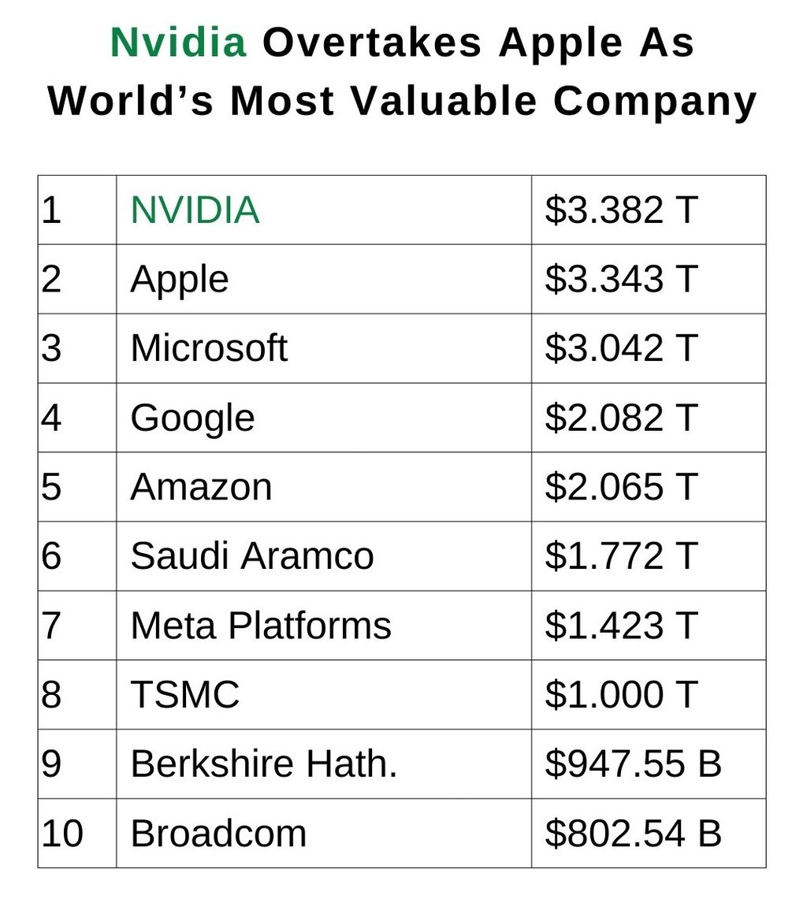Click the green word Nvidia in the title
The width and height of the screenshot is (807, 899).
pyautogui.click(x=178, y=43)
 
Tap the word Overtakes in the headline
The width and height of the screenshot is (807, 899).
pyautogui.click(x=371, y=43)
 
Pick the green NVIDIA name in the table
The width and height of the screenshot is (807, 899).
pyautogui.click(x=195, y=210)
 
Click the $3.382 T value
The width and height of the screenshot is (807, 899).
pyautogui.click(x=621, y=210)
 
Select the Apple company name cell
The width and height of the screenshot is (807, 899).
pyautogui.click(x=180, y=280)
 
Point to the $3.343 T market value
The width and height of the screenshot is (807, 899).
pyautogui.click(x=621, y=280)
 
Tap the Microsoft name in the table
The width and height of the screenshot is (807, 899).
pyautogui.click(x=209, y=348)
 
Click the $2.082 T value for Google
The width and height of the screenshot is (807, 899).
pyautogui.click(x=621, y=418)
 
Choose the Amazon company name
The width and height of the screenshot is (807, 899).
pyautogui.click(x=201, y=487)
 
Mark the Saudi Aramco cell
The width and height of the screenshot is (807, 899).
pyautogui.click(x=252, y=556)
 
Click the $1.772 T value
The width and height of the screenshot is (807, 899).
pyautogui.click(x=621, y=556)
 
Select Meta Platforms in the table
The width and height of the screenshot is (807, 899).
pyautogui.click(x=261, y=626)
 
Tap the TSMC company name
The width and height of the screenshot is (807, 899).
pyautogui.click(x=185, y=695)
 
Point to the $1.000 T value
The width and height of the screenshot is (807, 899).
pyautogui.click(x=621, y=695)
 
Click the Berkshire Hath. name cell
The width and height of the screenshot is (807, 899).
pyautogui.click(x=264, y=764)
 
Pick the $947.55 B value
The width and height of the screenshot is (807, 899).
pyautogui.click(x=633, y=764)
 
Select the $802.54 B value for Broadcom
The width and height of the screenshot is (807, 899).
pyautogui.click(x=633, y=834)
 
